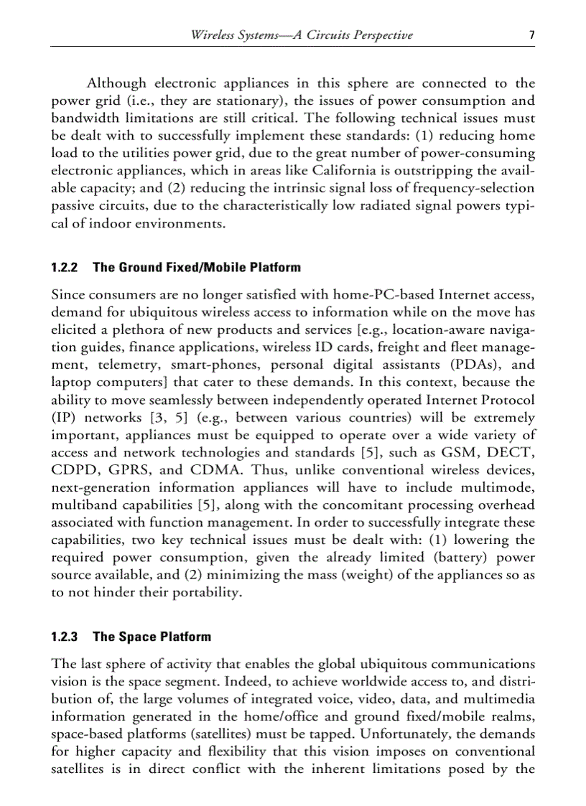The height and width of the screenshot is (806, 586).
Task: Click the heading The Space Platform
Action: coord(152,637)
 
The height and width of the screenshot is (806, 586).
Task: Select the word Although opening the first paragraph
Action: coord(116,83)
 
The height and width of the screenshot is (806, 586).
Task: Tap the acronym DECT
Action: coord(509,453)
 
